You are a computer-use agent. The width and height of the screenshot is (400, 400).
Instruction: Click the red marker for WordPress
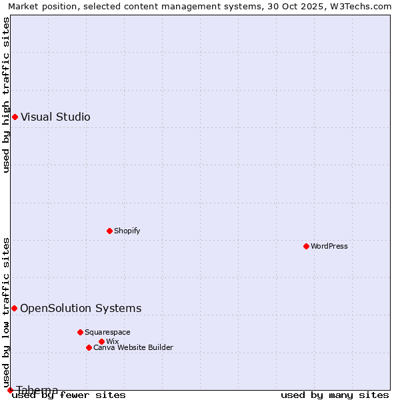[x=307, y=246]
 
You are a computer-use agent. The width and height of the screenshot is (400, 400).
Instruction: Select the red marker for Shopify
[x=110, y=231]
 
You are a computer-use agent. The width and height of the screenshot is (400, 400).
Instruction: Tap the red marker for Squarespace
[x=80, y=332]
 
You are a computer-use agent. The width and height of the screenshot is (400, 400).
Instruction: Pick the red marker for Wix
[x=102, y=341]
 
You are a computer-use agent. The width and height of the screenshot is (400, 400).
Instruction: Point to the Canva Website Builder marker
[x=89, y=347]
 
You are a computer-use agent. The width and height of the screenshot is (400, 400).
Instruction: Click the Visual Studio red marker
[x=15, y=117]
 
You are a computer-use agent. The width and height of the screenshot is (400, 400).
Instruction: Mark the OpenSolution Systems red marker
[x=14, y=308]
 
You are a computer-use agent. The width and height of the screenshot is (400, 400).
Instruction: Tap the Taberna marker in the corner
[x=10, y=390]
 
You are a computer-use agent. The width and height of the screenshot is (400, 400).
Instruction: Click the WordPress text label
[x=329, y=246]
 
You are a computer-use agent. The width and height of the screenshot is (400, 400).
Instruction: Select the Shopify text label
[x=127, y=231]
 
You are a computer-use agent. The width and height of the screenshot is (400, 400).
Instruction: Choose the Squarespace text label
[x=107, y=332]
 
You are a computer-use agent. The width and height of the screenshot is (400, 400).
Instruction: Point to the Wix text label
[x=112, y=341]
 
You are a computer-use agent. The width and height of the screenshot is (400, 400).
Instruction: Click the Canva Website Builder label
[x=133, y=347]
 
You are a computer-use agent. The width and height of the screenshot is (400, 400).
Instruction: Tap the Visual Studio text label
[x=55, y=117]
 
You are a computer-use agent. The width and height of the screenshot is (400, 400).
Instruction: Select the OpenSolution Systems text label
[x=81, y=308]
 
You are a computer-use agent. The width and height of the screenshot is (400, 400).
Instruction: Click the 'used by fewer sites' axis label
[x=69, y=395]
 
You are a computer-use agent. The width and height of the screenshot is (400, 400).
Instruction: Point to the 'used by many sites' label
[x=335, y=395]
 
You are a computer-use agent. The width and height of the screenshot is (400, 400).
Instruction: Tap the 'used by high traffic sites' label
[x=6, y=95]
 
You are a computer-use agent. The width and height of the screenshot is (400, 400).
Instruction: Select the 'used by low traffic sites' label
[x=6, y=312]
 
